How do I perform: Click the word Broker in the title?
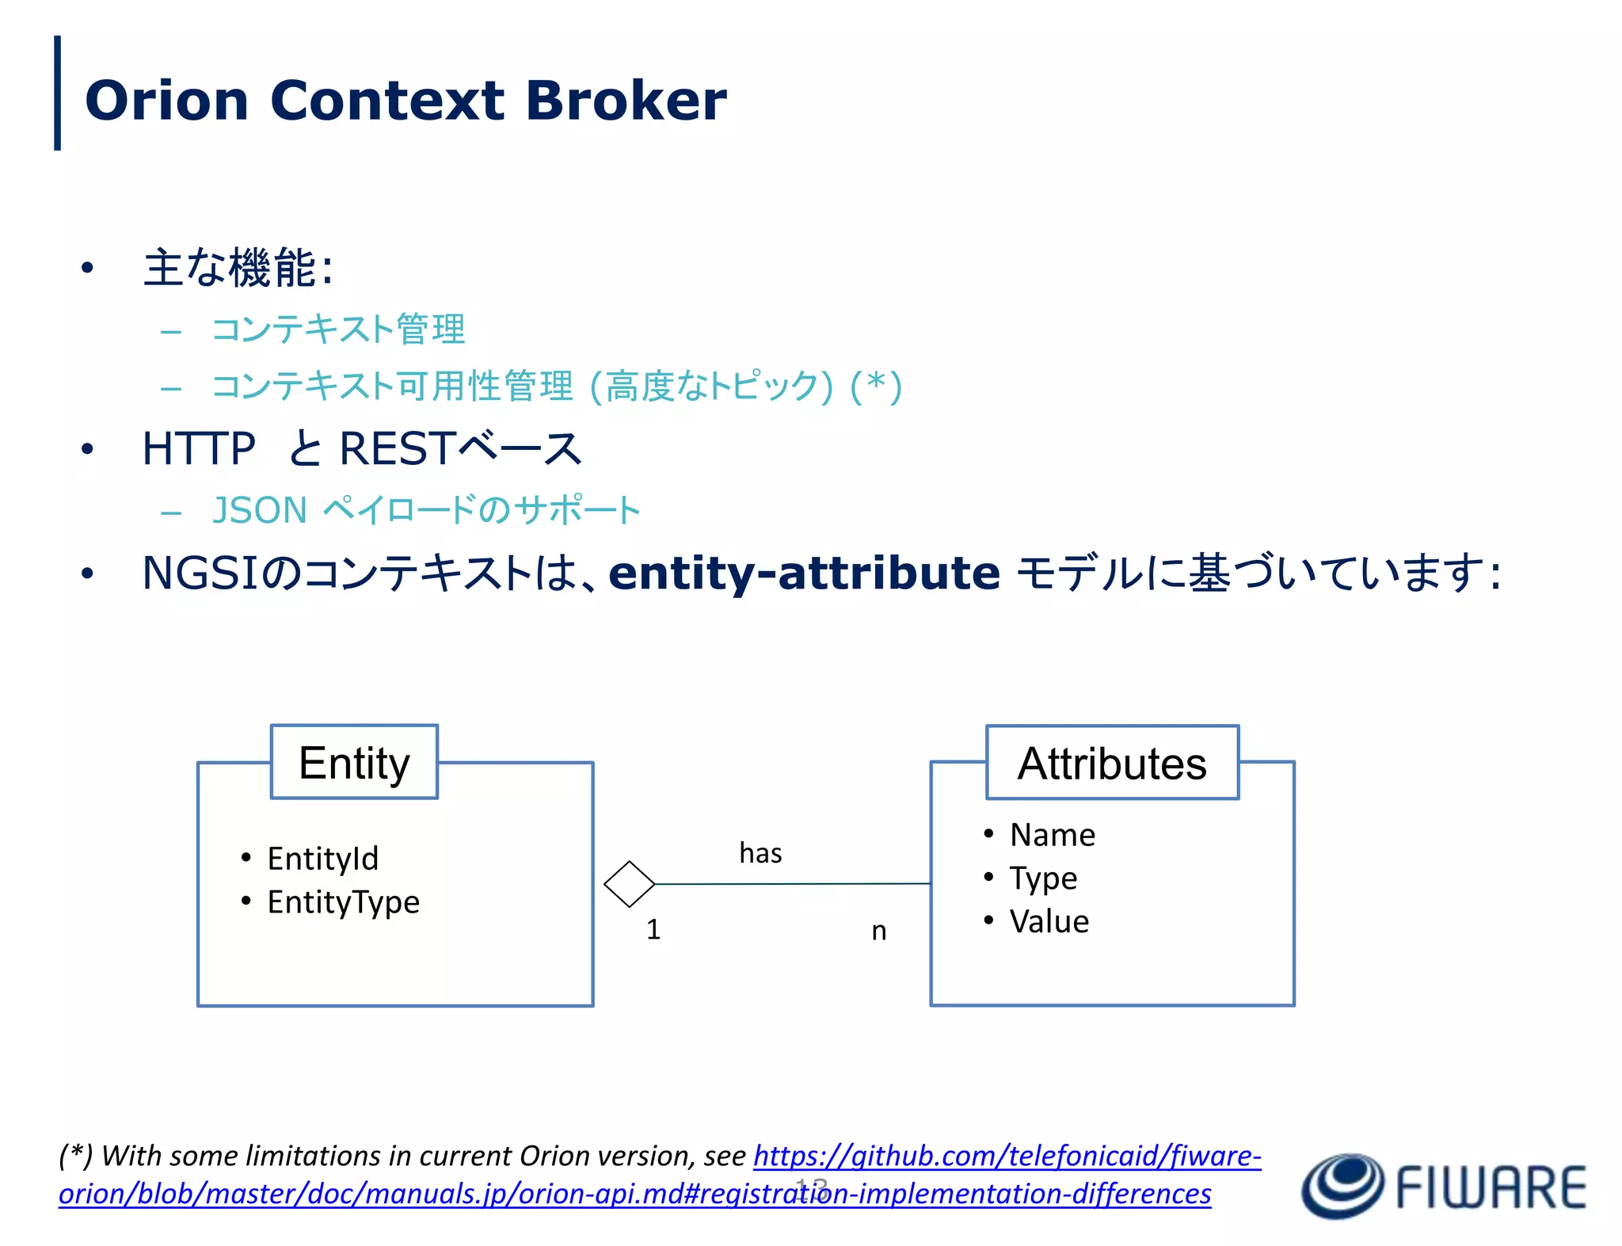[x=625, y=101]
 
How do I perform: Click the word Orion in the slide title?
[x=167, y=101]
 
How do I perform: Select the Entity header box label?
[x=354, y=763]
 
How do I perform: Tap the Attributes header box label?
[x=1112, y=764]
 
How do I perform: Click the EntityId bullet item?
[x=322, y=859]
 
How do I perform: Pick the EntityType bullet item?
[x=343, y=902]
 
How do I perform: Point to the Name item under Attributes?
[x=1053, y=835]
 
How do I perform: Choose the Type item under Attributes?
[x=1043, y=878]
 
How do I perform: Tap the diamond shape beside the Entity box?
[x=629, y=884]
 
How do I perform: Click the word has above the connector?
[x=760, y=853]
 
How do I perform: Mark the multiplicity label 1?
[x=653, y=929]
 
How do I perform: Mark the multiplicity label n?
[x=878, y=931]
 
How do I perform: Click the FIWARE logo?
[x=1443, y=1186]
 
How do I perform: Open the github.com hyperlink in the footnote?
[x=1006, y=1156]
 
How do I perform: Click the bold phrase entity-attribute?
[x=804, y=573]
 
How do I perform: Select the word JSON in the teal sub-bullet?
[x=260, y=510]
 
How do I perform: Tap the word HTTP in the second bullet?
[x=199, y=449]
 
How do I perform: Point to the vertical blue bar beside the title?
[x=57, y=93]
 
